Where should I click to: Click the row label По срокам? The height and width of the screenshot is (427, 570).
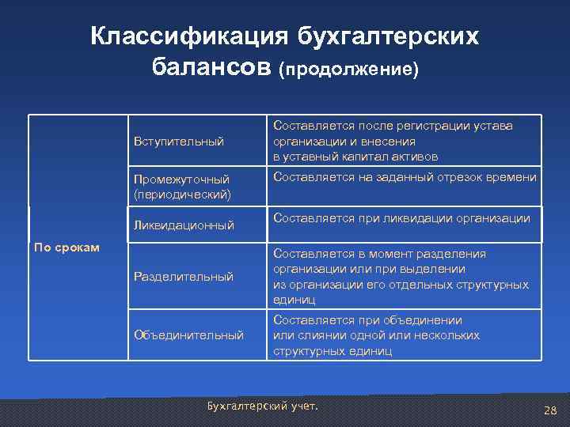tap(66, 248)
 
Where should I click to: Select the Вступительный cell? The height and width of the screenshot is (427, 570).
tap(179, 142)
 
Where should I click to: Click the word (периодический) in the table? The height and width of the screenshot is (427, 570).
tap(183, 193)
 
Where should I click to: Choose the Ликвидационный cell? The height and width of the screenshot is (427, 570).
tap(184, 225)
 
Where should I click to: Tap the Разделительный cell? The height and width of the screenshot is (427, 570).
tap(183, 277)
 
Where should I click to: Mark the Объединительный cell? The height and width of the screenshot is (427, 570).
tap(188, 335)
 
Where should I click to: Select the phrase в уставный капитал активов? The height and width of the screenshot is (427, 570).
tap(355, 157)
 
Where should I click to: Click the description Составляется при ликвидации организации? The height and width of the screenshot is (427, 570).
tap(401, 218)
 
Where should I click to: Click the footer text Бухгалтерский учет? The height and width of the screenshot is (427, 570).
tap(261, 406)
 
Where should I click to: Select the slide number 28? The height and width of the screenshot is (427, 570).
tap(551, 410)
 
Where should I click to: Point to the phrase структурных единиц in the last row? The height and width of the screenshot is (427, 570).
tap(332, 350)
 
